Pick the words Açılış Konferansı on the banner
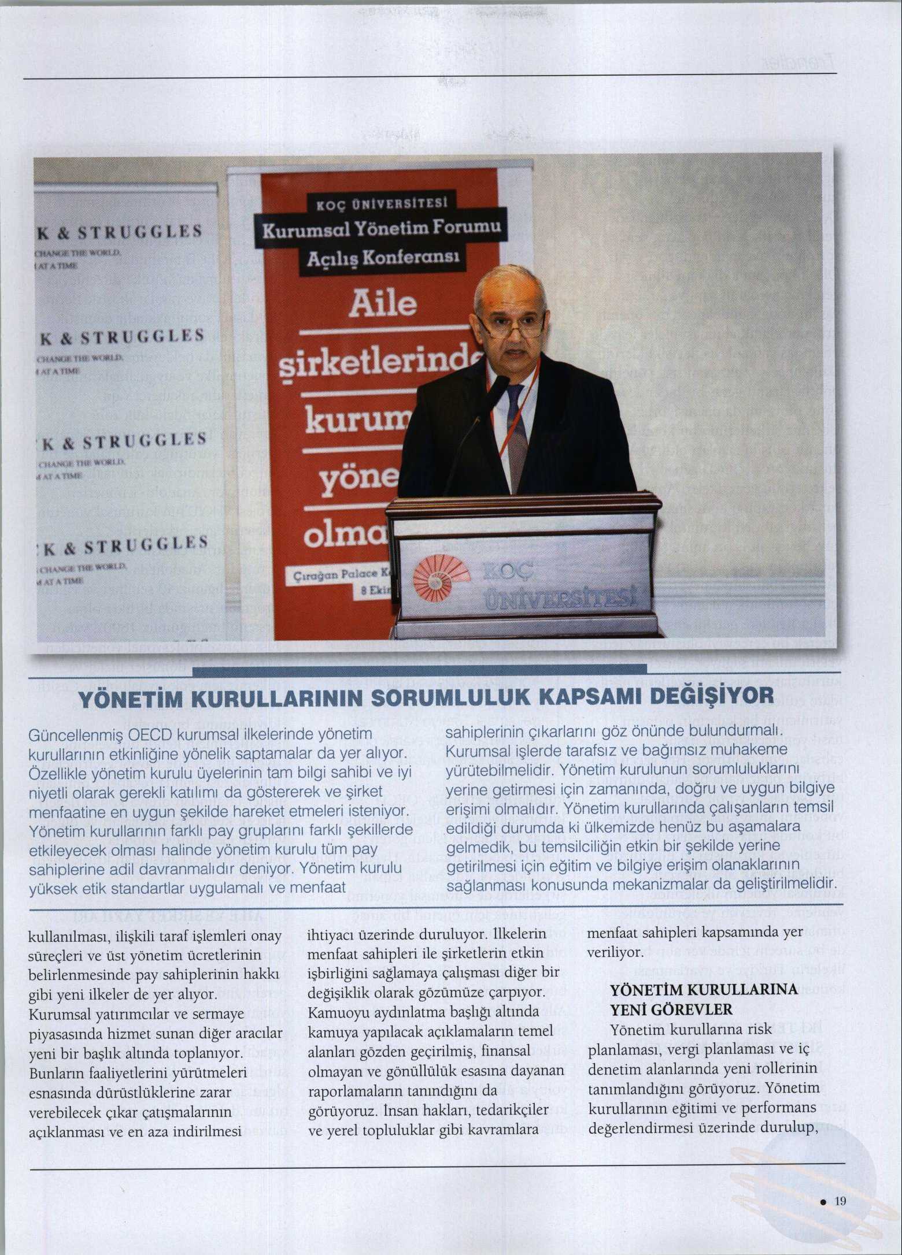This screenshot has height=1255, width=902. tap(383, 257)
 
